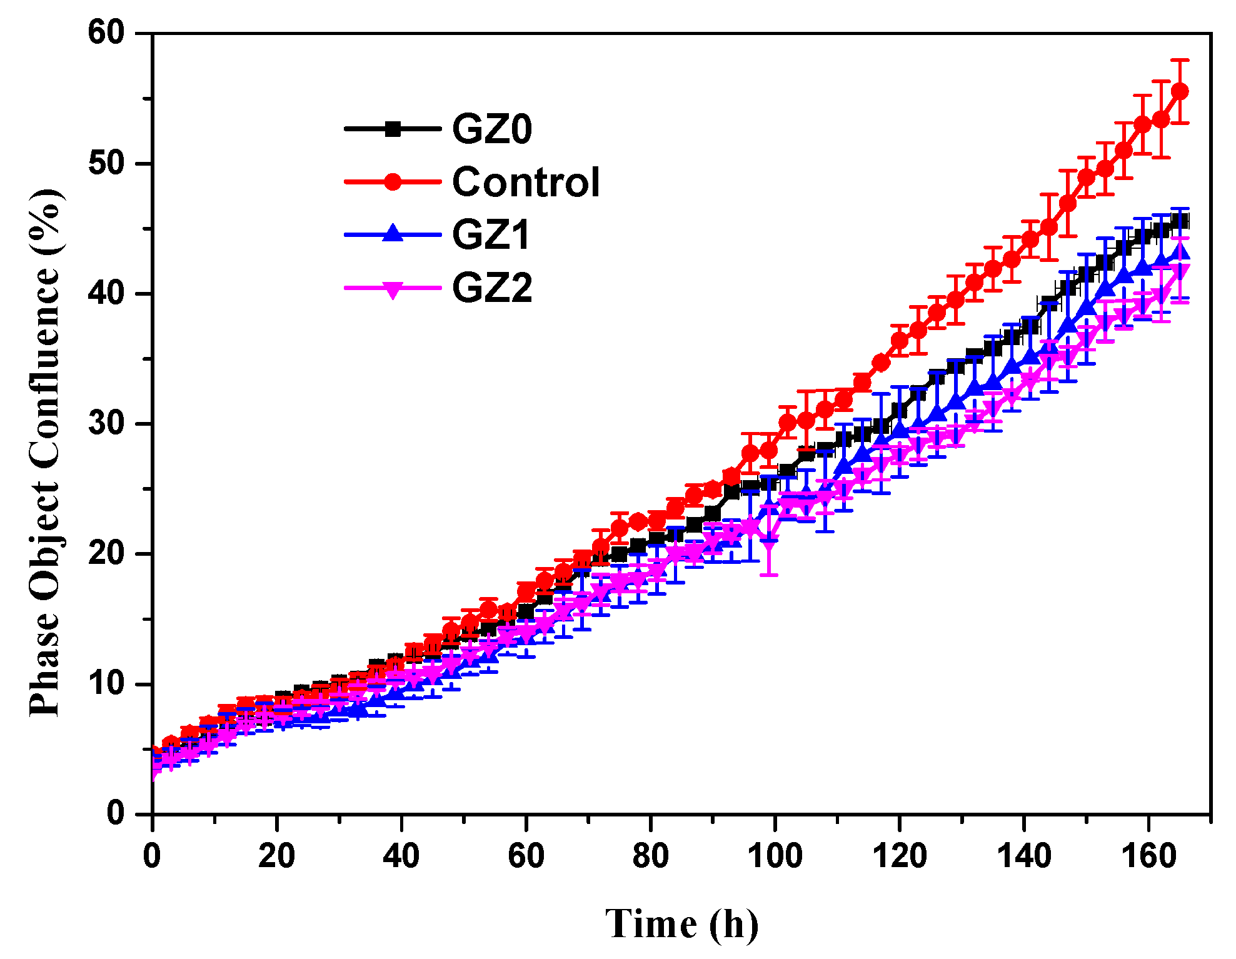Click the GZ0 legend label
point(492,129)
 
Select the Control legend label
point(525,183)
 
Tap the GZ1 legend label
point(491,235)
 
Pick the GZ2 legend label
point(492,288)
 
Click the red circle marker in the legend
point(393,182)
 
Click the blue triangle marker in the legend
point(393,234)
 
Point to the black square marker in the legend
point(393,129)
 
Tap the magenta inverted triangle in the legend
point(393,289)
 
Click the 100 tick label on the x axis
point(775,855)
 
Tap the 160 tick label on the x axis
point(1148,855)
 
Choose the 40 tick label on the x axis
point(401,855)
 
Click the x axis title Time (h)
point(681,924)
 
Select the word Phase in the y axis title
point(45,662)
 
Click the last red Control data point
point(1179,91)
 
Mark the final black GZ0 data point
point(1180,221)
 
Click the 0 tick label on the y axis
point(116,813)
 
